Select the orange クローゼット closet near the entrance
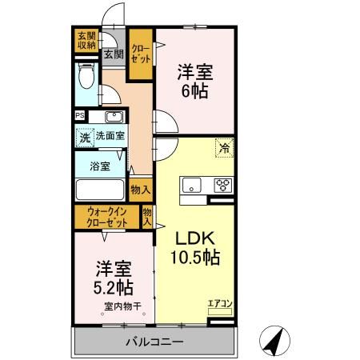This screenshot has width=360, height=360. click(141, 54)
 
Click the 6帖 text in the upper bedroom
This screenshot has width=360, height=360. click(195, 91)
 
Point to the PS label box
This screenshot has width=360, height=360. click(79, 115)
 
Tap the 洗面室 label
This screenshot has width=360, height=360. click(110, 137)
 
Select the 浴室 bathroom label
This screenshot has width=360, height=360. click(99, 168)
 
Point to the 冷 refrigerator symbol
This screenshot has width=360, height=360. click(225, 148)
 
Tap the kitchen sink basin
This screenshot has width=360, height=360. click(192, 187)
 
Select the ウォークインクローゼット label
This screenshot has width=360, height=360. click(107, 218)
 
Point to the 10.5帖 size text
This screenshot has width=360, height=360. click(195, 259)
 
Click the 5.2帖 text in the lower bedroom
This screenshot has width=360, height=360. click(111, 286)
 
